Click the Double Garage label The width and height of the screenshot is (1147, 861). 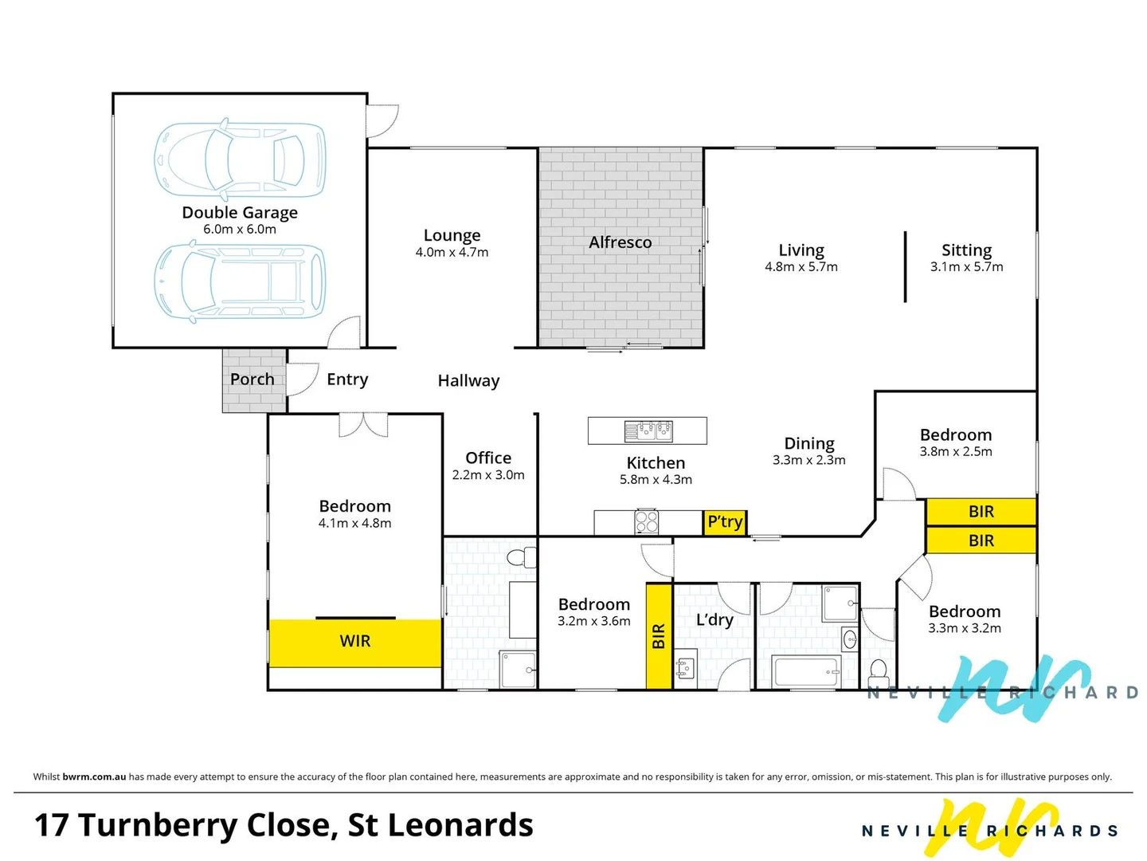pyautogui.click(x=240, y=213)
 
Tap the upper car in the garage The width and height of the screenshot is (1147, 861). pyautogui.click(x=240, y=159)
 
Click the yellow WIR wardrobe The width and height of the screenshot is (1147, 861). pyautogui.click(x=355, y=642)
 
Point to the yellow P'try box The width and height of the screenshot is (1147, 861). pyautogui.click(x=725, y=522)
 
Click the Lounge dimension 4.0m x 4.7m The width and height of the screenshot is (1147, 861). pyautogui.click(x=452, y=253)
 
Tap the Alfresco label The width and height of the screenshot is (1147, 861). pyautogui.click(x=620, y=242)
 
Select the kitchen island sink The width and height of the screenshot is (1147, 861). pyautogui.click(x=648, y=431)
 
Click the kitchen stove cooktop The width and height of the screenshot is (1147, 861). pyautogui.click(x=647, y=522)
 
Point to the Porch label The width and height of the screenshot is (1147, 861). pyautogui.click(x=252, y=379)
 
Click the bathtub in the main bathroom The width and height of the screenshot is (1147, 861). pyautogui.click(x=806, y=672)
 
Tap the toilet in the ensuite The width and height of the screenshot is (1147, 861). pyautogui.click(x=522, y=556)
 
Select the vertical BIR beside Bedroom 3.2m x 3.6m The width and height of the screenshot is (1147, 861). pyautogui.click(x=659, y=636)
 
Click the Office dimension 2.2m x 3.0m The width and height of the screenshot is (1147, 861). pyautogui.click(x=488, y=475)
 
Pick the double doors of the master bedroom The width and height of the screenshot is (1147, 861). pyautogui.click(x=363, y=425)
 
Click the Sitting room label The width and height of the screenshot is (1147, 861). pyautogui.click(x=966, y=250)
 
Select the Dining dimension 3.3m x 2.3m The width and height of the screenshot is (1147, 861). pyautogui.click(x=808, y=460)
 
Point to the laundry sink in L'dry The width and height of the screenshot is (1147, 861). pyautogui.click(x=685, y=668)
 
